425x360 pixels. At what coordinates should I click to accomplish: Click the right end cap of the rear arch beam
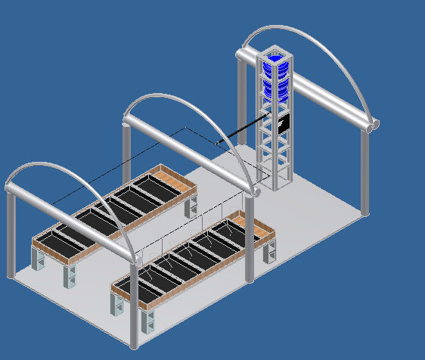click(x=372, y=126)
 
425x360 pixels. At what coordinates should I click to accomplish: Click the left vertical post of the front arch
click(x=11, y=234)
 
